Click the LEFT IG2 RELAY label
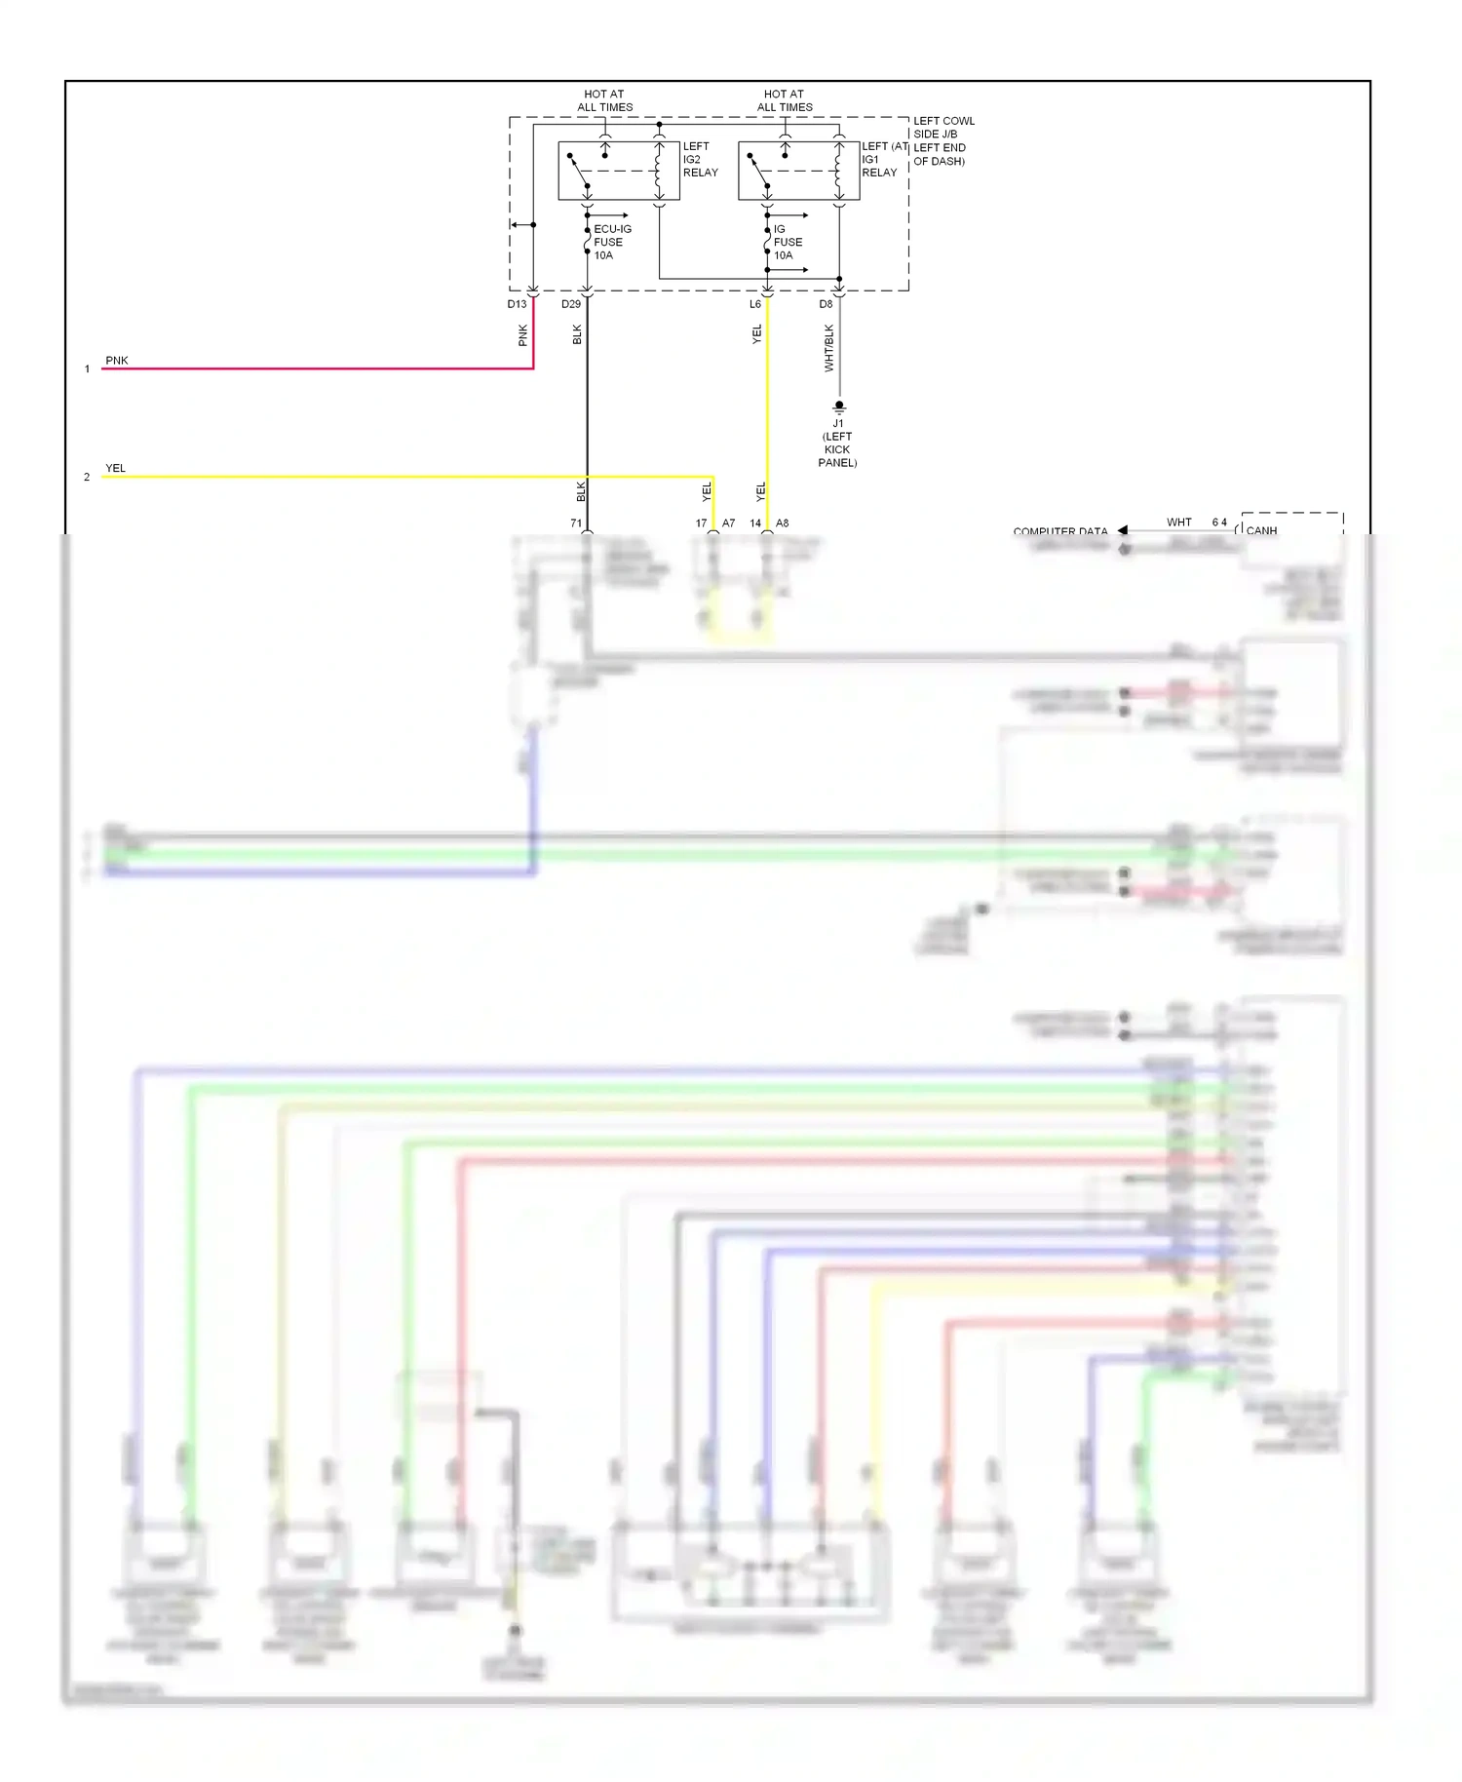[700, 160]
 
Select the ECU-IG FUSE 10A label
[611, 242]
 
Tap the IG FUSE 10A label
[787, 242]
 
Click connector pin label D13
[517, 304]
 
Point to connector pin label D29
[571, 304]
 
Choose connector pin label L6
[755, 304]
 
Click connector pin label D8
[826, 304]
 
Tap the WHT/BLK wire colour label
[829, 349]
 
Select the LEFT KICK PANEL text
[837, 449]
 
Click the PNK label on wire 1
[116, 361]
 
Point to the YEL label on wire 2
[115, 468]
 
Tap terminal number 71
[576, 523]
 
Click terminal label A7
[728, 523]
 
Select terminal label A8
[783, 523]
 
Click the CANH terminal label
[1261, 531]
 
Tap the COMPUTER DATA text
[1059, 531]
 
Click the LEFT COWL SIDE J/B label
[943, 128]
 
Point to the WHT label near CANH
[1178, 523]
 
